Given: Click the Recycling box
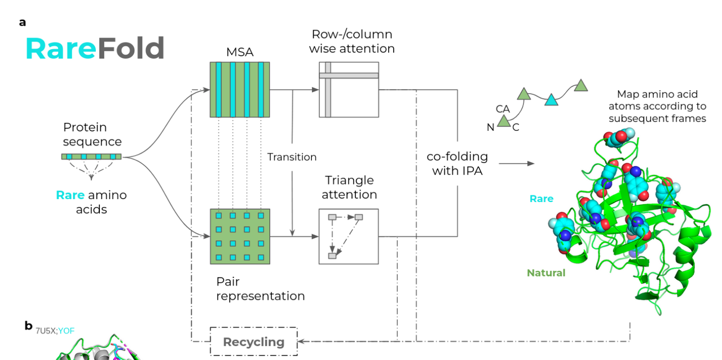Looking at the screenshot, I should pyautogui.click(x=253, y=341).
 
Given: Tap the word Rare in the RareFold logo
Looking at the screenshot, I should pyautogui.click(x=60, y=49).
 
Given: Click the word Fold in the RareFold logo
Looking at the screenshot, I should pyautogui.click(x=131, y=49).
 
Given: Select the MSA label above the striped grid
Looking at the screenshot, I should pyautogui.click(x=240, y=52).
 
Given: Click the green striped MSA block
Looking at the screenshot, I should pyautogui.click(x=240, y=89).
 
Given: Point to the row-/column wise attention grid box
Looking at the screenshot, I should pyautogui.click(x=349, y=89).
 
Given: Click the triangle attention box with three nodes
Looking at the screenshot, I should pyautogui.click(x=349, y=236).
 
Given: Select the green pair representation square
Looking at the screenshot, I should pyautogui.click(x=240, y=236).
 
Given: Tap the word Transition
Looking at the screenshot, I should pyautogui.click(x=292, y=157).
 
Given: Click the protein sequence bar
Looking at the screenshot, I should pyautogui.click(x=91, y=156).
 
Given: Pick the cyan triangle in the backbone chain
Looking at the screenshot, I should pyautogui.click(x=551, y=100).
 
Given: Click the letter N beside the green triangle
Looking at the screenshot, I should pyautogui.click(x=490, y=128).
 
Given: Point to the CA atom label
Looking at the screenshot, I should pyautogui.click(x=503, y=108).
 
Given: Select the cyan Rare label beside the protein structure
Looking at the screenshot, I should pyautogui.click(x=541, y=199).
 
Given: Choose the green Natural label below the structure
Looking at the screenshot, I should pyautogui.click(x=545, y=273).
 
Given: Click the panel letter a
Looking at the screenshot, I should pyautogui.click(x=23, y=23).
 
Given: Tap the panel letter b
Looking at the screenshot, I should pyautogui.click(x=28, y=325).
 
